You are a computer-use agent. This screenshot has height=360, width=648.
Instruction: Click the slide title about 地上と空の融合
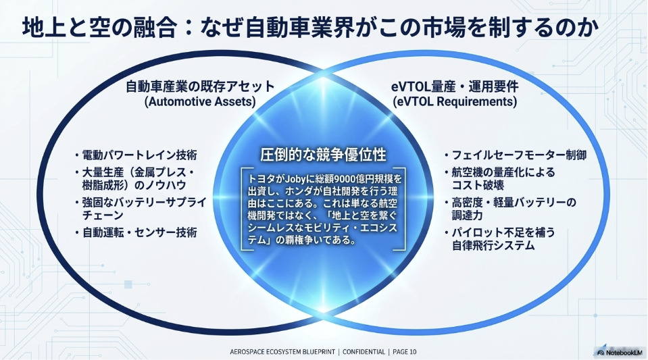[x=310, y=28]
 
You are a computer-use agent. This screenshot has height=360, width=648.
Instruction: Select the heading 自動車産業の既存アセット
[x=200, y=86]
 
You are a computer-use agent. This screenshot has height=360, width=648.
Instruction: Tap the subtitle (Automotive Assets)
[x=200, y=102]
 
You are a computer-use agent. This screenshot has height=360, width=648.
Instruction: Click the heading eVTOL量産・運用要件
[x=455, y=86]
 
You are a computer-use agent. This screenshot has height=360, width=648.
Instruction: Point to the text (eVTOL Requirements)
[x=455, y=102]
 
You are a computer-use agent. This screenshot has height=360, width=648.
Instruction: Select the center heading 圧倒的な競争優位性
[x=323, y=155]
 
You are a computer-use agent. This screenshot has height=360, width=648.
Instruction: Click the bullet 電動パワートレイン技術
[x=139, y=155]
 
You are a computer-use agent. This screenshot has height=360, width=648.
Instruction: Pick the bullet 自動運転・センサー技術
[x=139, y=232]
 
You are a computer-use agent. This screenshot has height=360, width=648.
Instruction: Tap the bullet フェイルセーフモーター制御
[x=519, y=155]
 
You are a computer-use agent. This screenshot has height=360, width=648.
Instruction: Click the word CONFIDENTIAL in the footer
[x=364, y=352]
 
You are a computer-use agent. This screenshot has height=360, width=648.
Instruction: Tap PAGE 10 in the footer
[x=405, y=352]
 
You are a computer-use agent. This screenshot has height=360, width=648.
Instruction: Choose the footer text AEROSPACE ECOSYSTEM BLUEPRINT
[x=282, y=352]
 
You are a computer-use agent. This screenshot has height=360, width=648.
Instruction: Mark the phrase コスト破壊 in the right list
[x=478, y=185]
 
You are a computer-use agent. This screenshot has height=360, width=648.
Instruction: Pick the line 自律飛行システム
[x=493, y=245]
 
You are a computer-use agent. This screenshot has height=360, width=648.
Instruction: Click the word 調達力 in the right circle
[x=468, y=215]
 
